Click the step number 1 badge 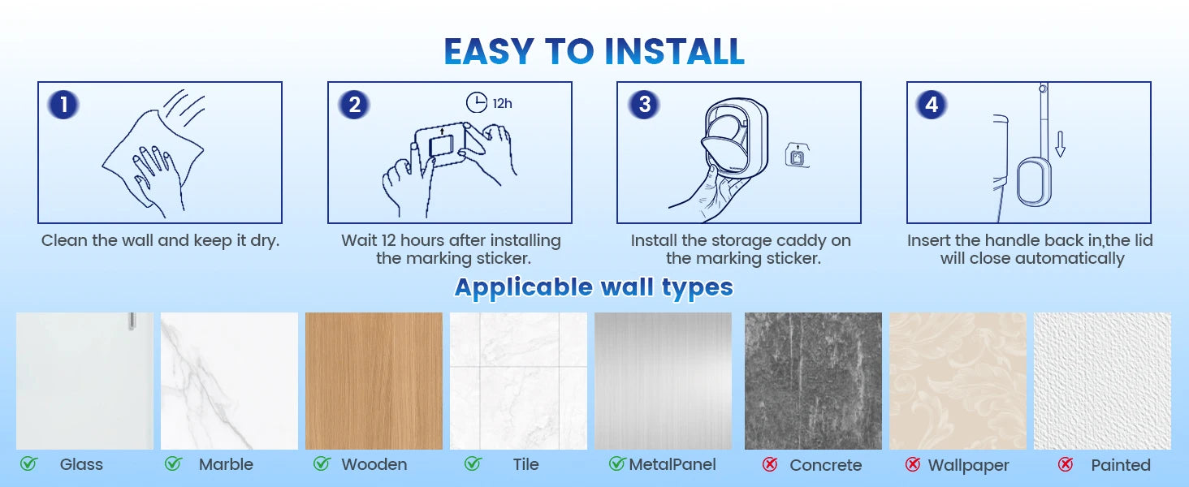click(63, 105)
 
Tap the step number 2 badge click(354, 105)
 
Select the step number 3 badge click(644, 105)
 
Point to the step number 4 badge click(932, 105)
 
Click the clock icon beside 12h click(477, 103)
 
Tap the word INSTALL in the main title click(674, 51)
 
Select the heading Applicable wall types click(594, 287)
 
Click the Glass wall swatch click(84, 381)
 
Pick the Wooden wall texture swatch click(374, 381)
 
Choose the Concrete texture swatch click(813, 381)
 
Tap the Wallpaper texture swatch click(958, 381)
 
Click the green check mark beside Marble click(173, 464)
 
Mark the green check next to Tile click(473, 464)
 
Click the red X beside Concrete click(770, 465)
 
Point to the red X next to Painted click(1066, 465)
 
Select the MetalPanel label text click(672, 465)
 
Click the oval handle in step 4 click(1031, 183)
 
